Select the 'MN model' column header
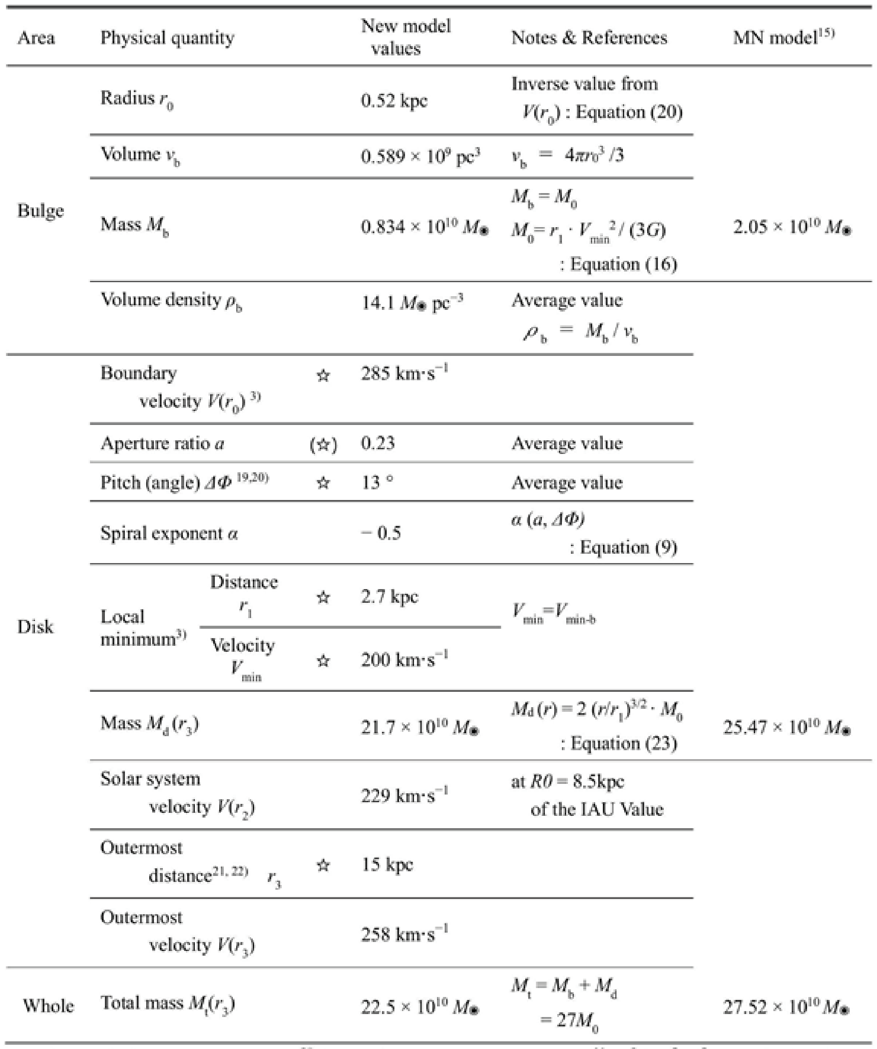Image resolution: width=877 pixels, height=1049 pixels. (784, 38)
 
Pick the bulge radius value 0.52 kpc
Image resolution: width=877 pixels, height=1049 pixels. (394, 101)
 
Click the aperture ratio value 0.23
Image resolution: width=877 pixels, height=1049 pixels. (378, 443)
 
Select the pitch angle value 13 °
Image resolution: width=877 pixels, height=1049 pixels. (377, 483)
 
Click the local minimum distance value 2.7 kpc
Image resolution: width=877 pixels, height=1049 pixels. (389, 596)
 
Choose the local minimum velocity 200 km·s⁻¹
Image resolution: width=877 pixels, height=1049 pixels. (404, 660)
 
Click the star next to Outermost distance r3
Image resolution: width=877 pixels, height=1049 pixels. (323, 865)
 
